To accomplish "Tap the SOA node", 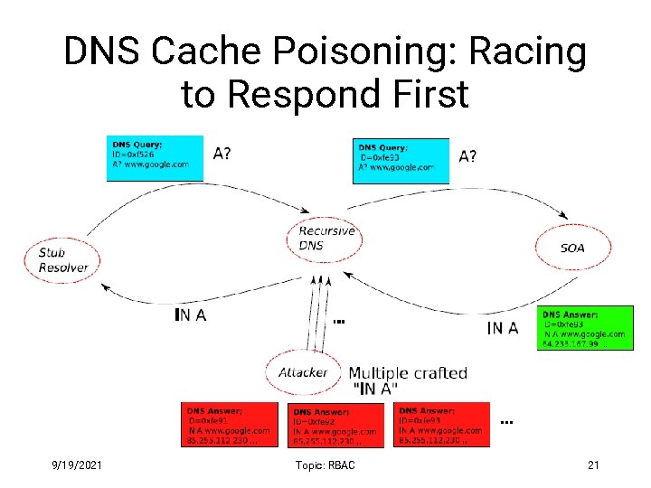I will (572, 248).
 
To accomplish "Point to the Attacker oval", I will (303, 371).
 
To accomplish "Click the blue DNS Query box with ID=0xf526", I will (149, 157).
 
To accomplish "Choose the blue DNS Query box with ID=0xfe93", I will (400, 160).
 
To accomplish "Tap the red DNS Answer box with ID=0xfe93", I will (442, 424).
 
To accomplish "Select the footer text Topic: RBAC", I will (325, 465).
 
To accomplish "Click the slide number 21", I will (593, 465).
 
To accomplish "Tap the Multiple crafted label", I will (408, 372).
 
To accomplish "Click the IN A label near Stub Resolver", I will (190, 314).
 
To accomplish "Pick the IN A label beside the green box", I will (503, 327).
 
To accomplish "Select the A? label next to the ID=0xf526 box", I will (222, 153).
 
